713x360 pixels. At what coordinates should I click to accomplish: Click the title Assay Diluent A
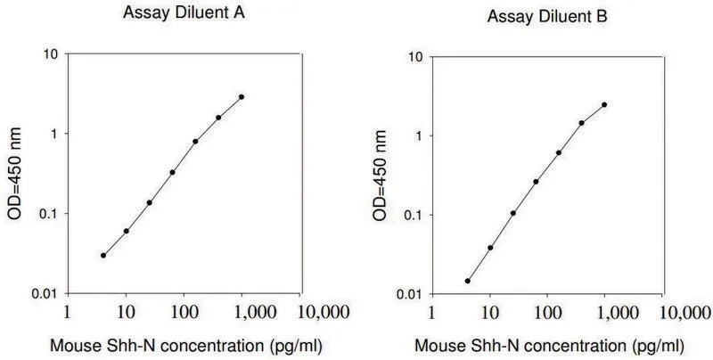tap(184, 13)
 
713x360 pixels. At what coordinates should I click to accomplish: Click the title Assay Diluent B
tap(547, 17)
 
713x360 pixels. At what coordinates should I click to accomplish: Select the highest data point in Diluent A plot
tap(242, 97)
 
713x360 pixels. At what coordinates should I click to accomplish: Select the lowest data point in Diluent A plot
tap(103, 256)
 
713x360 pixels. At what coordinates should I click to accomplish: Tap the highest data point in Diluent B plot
tap(604, 104)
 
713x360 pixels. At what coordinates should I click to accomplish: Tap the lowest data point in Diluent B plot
tap(467, 281)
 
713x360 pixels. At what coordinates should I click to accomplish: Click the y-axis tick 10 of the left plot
tap(51, 53)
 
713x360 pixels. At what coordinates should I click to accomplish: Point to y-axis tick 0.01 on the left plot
tap(45, 294)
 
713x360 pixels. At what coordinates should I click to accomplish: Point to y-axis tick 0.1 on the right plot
tap(414, 215)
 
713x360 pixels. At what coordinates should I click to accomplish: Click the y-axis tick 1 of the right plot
tap(419, 135)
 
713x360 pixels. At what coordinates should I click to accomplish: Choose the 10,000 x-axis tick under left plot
tap(324, 313)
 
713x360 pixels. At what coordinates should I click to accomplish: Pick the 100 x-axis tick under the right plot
tap(546, 313)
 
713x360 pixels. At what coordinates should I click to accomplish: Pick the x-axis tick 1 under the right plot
tap(431, 313)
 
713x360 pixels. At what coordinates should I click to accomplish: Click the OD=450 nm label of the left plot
tap(15, 174)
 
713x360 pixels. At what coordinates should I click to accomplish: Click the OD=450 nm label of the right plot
tap(380, 176)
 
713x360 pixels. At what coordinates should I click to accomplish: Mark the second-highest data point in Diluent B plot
tap(582, 123)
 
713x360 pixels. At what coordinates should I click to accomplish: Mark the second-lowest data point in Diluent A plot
tap(126, 231)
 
